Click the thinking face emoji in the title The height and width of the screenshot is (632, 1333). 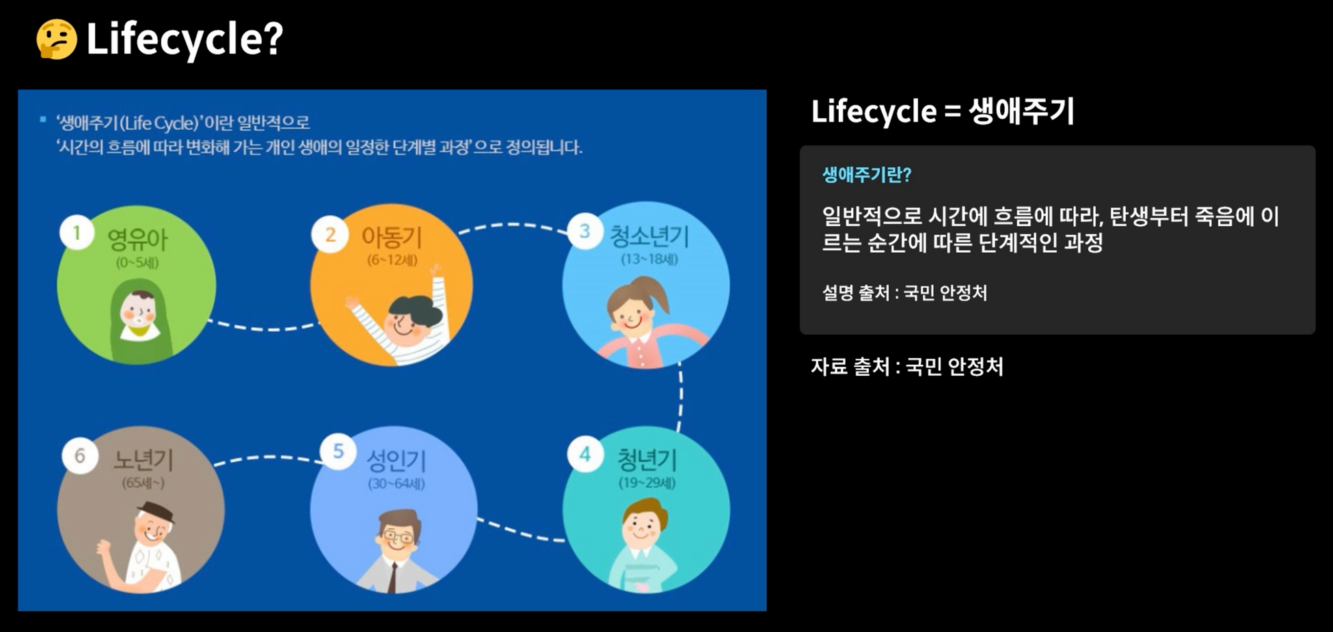pos(56,39)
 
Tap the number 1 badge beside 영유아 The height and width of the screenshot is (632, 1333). pos(77,234)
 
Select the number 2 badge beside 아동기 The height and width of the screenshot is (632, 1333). pos(330,235)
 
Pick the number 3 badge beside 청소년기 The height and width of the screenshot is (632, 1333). pos(584,232)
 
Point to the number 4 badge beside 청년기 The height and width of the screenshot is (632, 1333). pos(584,454)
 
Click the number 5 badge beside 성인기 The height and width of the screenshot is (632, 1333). pos(338,452)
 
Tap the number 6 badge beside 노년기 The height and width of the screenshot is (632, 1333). pos(79,456)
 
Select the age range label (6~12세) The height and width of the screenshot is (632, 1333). pos(392,260)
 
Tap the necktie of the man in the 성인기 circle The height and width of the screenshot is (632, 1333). pos(393,577)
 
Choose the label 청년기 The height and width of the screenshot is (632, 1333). pos(647,460)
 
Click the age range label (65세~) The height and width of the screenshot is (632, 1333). pos(143,483)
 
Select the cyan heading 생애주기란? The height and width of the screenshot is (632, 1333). pos(866,175)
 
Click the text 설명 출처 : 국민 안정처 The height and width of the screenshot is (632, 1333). pos(904,293)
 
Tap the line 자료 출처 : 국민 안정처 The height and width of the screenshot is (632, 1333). pos(906,367)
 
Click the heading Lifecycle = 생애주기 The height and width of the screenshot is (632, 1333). pos(942,111)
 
